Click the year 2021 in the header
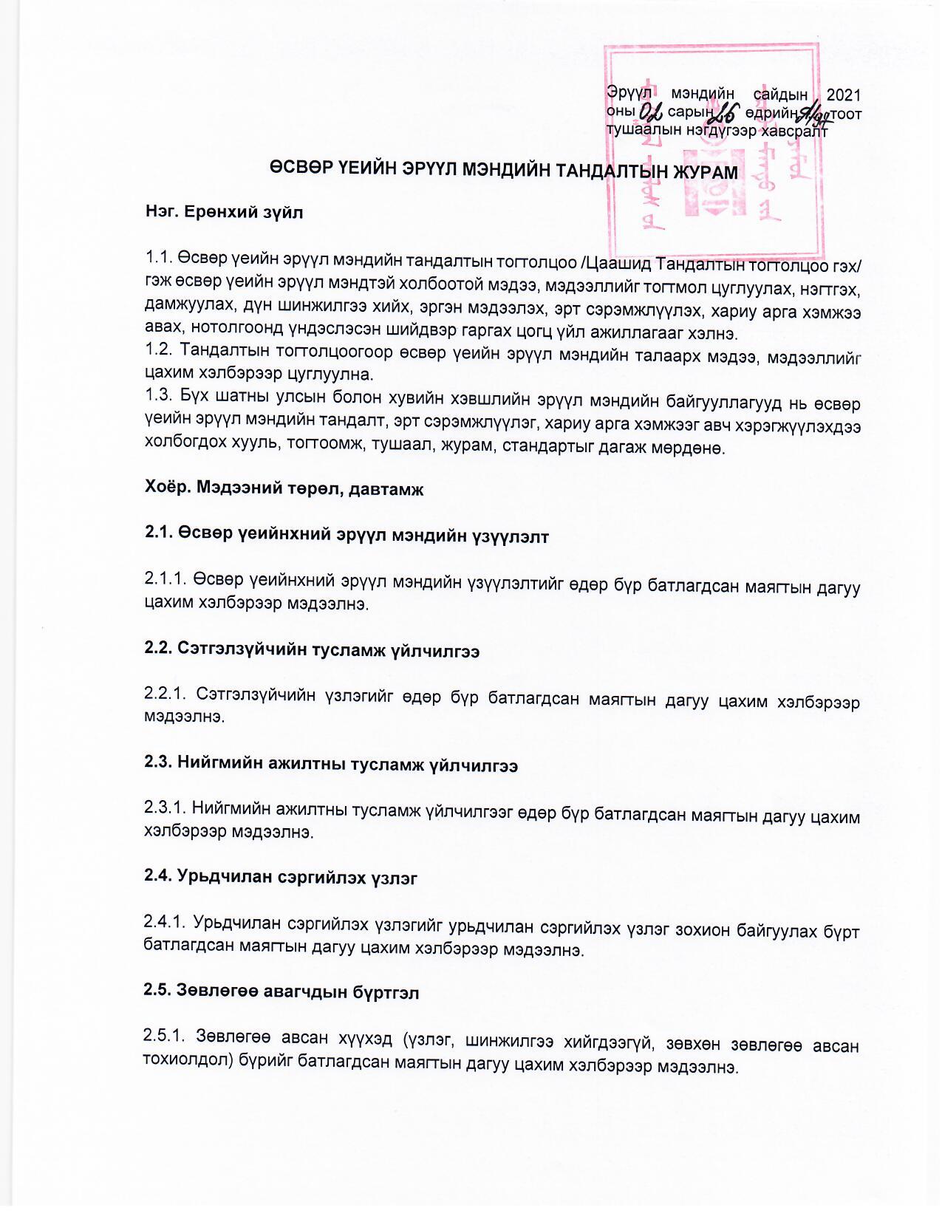tap(843, 95)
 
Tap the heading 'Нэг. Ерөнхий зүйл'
tap(225, 213)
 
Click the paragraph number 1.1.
tap(160, 259)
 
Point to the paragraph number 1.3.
tap(160, 400)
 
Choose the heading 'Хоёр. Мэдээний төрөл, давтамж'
tap(284, 489)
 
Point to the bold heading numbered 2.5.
tap(281, 992)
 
